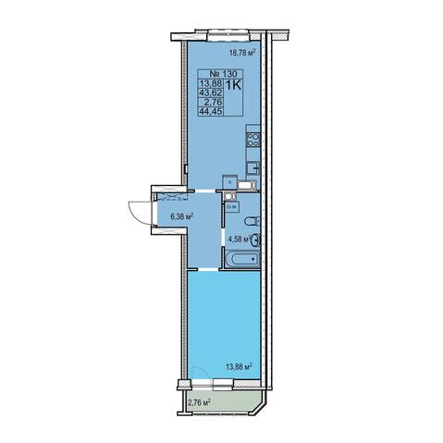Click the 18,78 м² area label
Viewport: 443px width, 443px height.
tap(242, 53)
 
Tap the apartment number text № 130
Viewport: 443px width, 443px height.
tap(223, 74)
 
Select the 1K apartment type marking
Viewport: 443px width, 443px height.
tap(234, 85)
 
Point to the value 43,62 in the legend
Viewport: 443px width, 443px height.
tap(211, 92)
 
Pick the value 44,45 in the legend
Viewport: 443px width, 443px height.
tap(211, 111)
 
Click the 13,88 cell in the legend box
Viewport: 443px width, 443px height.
tap(211, 83)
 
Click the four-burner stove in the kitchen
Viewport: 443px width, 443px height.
tap(252, 140)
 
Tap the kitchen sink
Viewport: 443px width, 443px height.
tap(253, 167)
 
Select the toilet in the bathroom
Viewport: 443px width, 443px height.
tap(252, 221)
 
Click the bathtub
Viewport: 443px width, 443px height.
tap(242, 259)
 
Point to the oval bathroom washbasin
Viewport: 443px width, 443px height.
tap(255, 240)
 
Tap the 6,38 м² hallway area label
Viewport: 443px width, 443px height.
tap(182, 216)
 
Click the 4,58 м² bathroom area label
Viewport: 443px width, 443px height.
tap(239, 239)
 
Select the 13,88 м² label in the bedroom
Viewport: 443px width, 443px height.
tap(240, 366)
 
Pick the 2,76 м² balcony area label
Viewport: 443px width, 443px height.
tap(199, 402)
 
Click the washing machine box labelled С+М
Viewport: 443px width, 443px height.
tap(231, 207)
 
